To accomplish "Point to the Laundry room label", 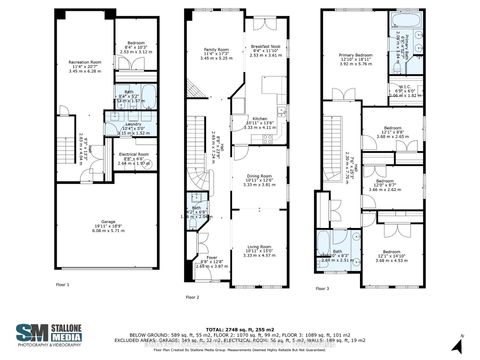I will [x=128, y=129].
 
